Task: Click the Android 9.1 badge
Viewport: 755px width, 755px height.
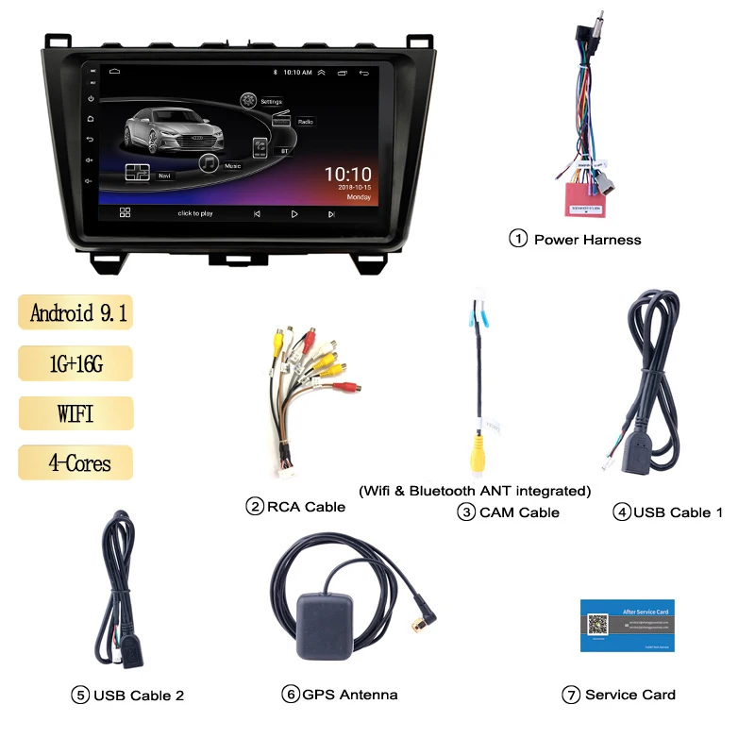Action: point(76,312)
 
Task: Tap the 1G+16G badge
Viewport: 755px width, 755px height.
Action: point(75,362)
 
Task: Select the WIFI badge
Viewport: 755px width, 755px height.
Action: point(75,412)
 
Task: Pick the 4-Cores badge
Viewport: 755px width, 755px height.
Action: point(75,462)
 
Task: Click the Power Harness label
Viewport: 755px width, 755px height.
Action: point(587,240)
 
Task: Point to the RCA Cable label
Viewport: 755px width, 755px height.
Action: point(306,507)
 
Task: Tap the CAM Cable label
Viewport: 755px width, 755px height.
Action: point(519,512)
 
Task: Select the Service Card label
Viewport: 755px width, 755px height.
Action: point(629,695)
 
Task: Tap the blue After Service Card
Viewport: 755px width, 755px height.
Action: point(627,625)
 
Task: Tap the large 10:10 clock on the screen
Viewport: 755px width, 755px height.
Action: point(347,175)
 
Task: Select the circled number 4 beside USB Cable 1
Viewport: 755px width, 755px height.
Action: point(621,512)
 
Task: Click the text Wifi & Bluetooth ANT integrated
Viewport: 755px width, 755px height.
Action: point(475,491)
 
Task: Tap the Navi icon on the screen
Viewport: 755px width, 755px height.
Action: point(138,173)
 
